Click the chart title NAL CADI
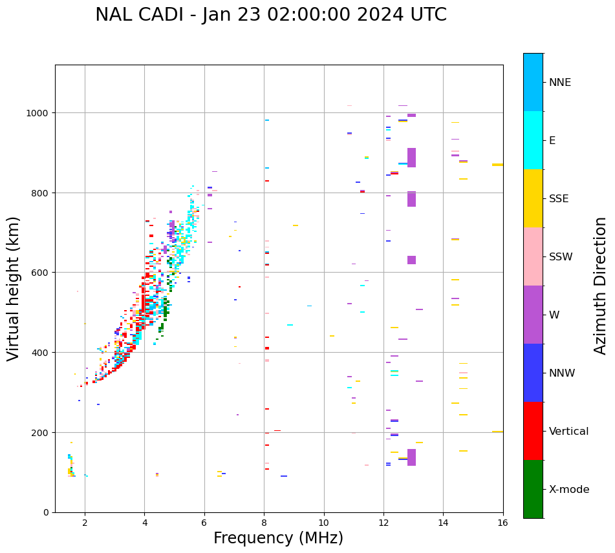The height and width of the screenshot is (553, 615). [x=270, y=15]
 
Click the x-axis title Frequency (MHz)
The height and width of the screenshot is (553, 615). [x=278, y=538]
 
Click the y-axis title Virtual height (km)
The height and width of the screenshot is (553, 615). [x=14, y=288]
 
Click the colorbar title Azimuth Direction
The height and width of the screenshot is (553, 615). [x=601, y=286]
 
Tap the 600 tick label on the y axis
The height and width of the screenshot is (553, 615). [x=41, y=273]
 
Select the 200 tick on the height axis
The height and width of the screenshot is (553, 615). [x=41, y=432]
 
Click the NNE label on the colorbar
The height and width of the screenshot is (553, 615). [x=560, y=82]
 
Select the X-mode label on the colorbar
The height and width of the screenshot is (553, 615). [x=569, y=489]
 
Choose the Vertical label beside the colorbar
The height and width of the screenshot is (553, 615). [x=569, y=431]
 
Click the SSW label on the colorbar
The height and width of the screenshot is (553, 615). [x=561, y=256]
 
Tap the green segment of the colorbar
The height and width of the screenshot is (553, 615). [x=533, y=489]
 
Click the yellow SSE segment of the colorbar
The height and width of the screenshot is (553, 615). [x=533, y=198]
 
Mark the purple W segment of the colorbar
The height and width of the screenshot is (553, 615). [x=533, y=315]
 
